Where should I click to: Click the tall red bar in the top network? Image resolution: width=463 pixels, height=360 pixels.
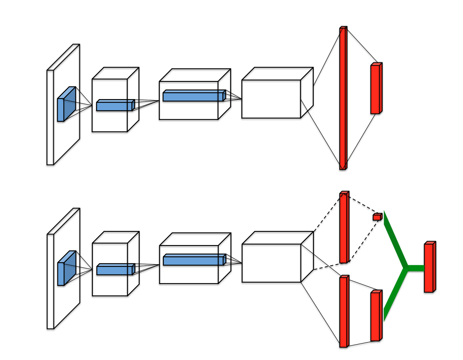343,99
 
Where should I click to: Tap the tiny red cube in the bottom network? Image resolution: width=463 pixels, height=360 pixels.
377,217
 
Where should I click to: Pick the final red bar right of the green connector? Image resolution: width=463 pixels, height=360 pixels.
429,268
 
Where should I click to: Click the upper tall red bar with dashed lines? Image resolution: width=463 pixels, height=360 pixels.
344,228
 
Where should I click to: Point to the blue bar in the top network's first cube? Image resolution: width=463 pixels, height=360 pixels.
115,106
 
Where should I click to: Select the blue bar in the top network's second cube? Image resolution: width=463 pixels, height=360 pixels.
193,96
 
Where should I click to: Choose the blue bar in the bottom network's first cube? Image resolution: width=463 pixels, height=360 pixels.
115,270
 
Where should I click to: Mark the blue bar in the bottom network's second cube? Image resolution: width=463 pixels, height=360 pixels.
194,260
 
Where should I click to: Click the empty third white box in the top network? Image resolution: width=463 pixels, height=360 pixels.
271,99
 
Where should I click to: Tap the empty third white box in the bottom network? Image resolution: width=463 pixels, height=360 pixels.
271,263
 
